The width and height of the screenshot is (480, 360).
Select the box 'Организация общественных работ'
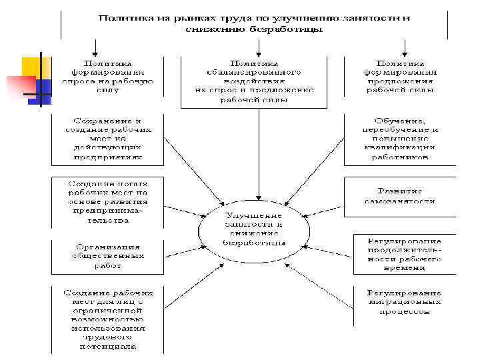(x=107, y=256)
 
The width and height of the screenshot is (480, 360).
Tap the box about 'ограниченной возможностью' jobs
(x=107, y=319)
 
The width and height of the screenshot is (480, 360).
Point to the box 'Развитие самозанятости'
(x=400, y=195)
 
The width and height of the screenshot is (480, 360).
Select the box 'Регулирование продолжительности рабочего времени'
(x=400, y=254)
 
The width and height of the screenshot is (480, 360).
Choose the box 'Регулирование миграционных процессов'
(x=400, y=302)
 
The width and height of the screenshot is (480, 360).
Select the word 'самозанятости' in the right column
(x=400, y=201)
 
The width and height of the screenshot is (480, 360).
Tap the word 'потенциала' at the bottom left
(x=107, y=347)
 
